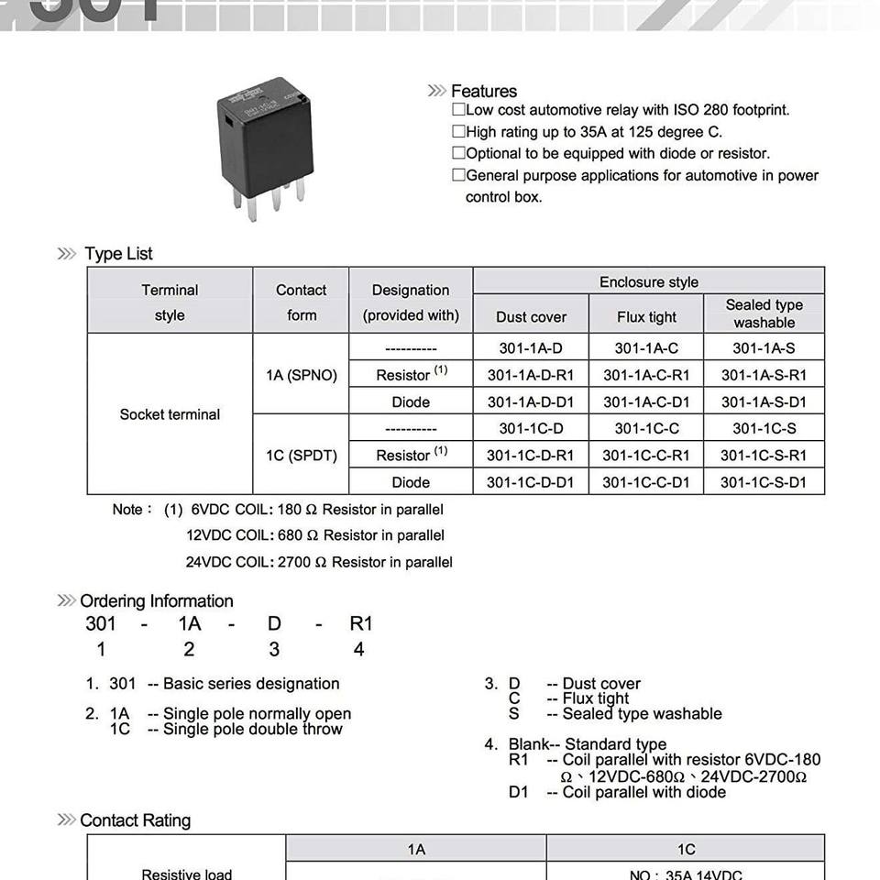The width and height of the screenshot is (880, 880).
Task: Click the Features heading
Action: [x=483, y=91]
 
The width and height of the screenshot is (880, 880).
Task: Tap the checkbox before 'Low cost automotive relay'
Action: [x=458, y=110]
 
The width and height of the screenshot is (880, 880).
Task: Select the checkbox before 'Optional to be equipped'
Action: [x=458, y=154]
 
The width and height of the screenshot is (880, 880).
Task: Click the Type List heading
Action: [x=118, y=254]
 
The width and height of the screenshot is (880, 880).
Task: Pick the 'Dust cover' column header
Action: [x=531, y=317]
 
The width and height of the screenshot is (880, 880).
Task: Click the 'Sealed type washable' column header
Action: [x=764, y=313]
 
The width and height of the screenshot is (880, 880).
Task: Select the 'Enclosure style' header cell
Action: [x=648, y=281]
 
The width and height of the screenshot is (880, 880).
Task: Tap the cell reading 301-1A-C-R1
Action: [x=646, y=375]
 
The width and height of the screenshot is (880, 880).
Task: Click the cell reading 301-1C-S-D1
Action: [x=763, y=482]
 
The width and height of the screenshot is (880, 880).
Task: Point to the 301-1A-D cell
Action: [x=531, y=348]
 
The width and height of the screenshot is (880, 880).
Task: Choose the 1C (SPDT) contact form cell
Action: [x=302, y=455]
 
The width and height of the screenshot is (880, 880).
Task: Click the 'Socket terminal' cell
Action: [x=170, y=414]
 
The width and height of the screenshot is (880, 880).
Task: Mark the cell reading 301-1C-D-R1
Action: [x=530, y=456]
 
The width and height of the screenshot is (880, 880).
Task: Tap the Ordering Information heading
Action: [x=156, y=601]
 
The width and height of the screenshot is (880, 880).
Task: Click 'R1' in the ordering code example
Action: [x=361, y=624]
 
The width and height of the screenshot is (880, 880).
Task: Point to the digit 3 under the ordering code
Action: [x=274, y=649]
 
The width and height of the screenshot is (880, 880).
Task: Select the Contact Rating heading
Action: [x=135, y=820]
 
